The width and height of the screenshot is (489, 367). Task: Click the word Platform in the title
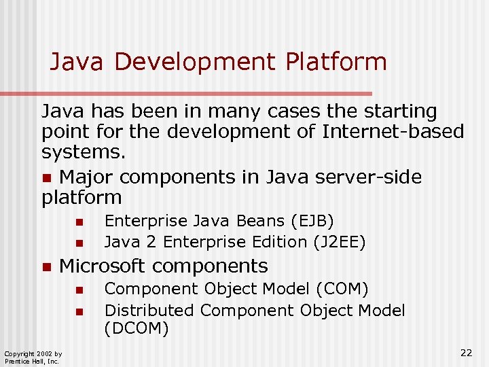point(336,62)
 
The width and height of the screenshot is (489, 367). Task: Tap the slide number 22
point(466,352)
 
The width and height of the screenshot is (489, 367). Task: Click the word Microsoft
point(103,266)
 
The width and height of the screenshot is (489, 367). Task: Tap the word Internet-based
point(394,132)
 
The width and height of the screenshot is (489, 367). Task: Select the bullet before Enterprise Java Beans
point(79,222)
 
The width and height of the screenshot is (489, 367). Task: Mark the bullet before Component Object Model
point(79,290)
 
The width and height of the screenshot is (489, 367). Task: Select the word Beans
point(261,221)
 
